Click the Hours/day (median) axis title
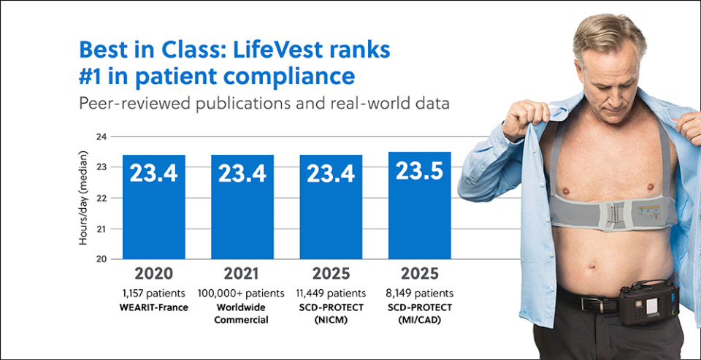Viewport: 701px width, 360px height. (84, 198)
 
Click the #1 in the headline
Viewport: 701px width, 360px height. (93, 76)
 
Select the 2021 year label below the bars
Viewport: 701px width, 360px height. (242, 275)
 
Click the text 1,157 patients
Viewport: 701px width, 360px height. (153, 293)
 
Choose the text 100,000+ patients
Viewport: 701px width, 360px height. (242, 293)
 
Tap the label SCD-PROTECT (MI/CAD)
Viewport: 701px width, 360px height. (419, 313)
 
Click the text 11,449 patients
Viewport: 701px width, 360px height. (331, 293)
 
